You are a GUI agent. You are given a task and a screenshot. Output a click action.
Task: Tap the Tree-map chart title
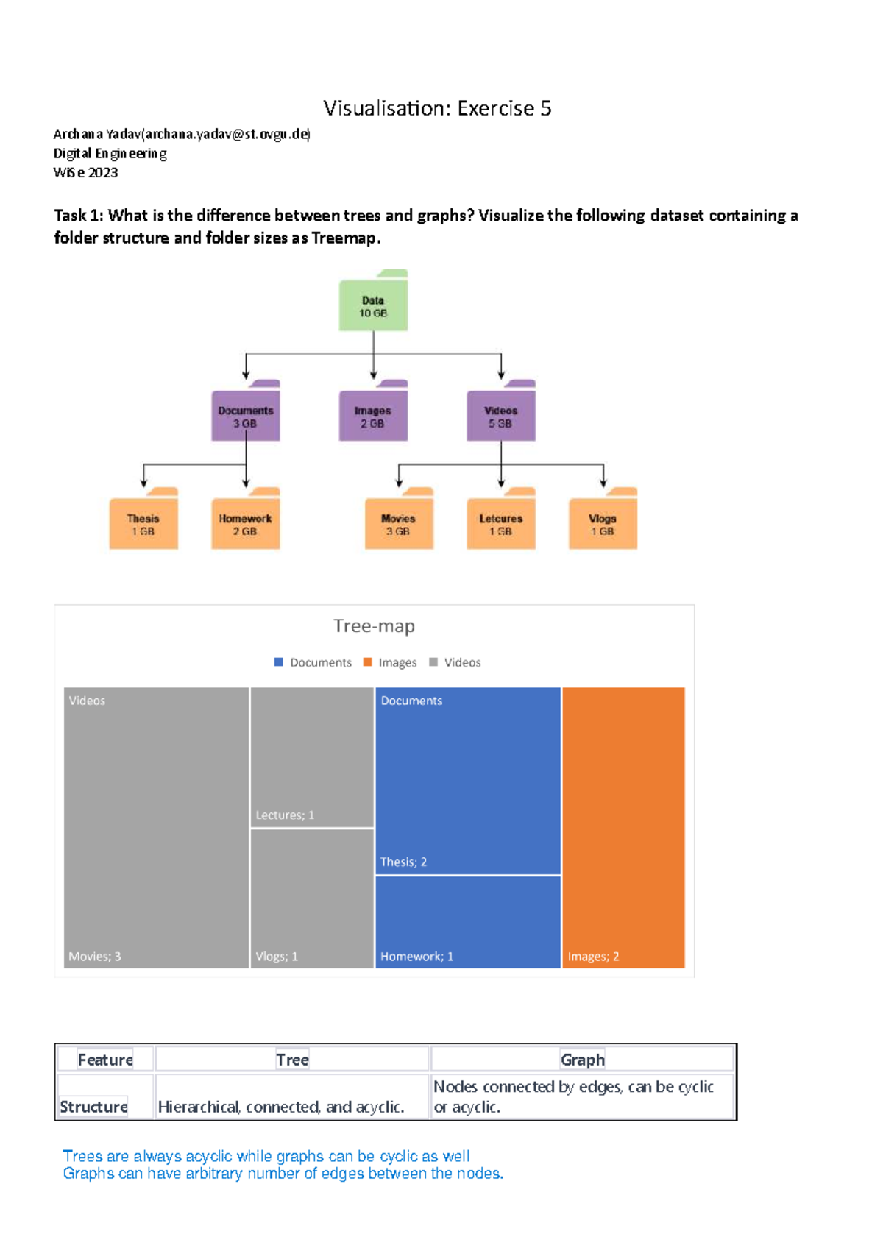click(374, 625)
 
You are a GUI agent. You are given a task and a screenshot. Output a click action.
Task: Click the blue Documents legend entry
click(313, 662)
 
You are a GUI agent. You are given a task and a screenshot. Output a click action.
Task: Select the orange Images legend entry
click(391, 662)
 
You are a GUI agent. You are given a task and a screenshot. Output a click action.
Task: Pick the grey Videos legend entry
click(455, 662)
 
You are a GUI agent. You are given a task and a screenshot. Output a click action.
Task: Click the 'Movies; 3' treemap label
click(95, 956)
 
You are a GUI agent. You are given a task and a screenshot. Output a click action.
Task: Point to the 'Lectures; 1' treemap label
click(285, 815)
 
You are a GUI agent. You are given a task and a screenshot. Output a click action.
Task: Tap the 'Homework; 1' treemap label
click(416, 956)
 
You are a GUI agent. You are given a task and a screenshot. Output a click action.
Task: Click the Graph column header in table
click(582, 1060)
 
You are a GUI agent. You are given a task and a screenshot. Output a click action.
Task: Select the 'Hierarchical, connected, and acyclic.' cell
click(281, 1106)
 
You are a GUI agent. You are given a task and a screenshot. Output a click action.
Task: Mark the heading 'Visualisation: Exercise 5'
click(437, 108)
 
